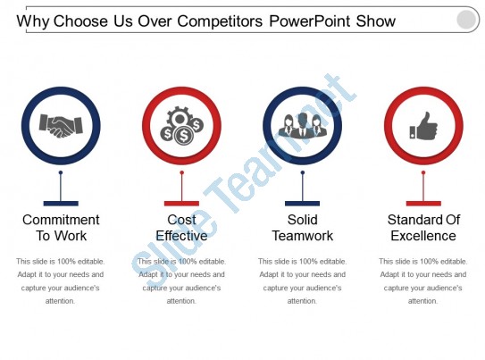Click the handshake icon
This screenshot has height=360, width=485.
click(61, 126)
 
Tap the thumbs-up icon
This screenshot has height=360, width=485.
click(423, 126)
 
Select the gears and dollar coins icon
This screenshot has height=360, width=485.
click(181, 126)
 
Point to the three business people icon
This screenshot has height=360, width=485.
click(303, 125)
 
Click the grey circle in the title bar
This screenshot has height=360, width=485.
click(466, 20)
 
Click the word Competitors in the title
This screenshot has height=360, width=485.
click(220, 21)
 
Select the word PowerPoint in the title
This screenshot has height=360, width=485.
click(310, 21)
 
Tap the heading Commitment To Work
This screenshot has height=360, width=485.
click(61, 228)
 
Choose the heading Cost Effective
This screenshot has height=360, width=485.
click(181, 228)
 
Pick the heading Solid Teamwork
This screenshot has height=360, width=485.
click(303, 228)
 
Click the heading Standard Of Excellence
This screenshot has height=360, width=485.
click(423, 228)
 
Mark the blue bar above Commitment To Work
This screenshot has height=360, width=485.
click(61, 204)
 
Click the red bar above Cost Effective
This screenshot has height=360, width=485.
click(181, 204)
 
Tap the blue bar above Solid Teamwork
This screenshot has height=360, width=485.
click(302, 204)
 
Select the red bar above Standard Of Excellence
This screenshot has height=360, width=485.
click(423, 204)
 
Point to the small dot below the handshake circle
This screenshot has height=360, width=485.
click(61, 172)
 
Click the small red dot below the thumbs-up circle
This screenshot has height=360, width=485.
click(423, 172)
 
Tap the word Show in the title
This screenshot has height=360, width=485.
click(376, 21)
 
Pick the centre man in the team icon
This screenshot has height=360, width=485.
click(303, 125)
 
